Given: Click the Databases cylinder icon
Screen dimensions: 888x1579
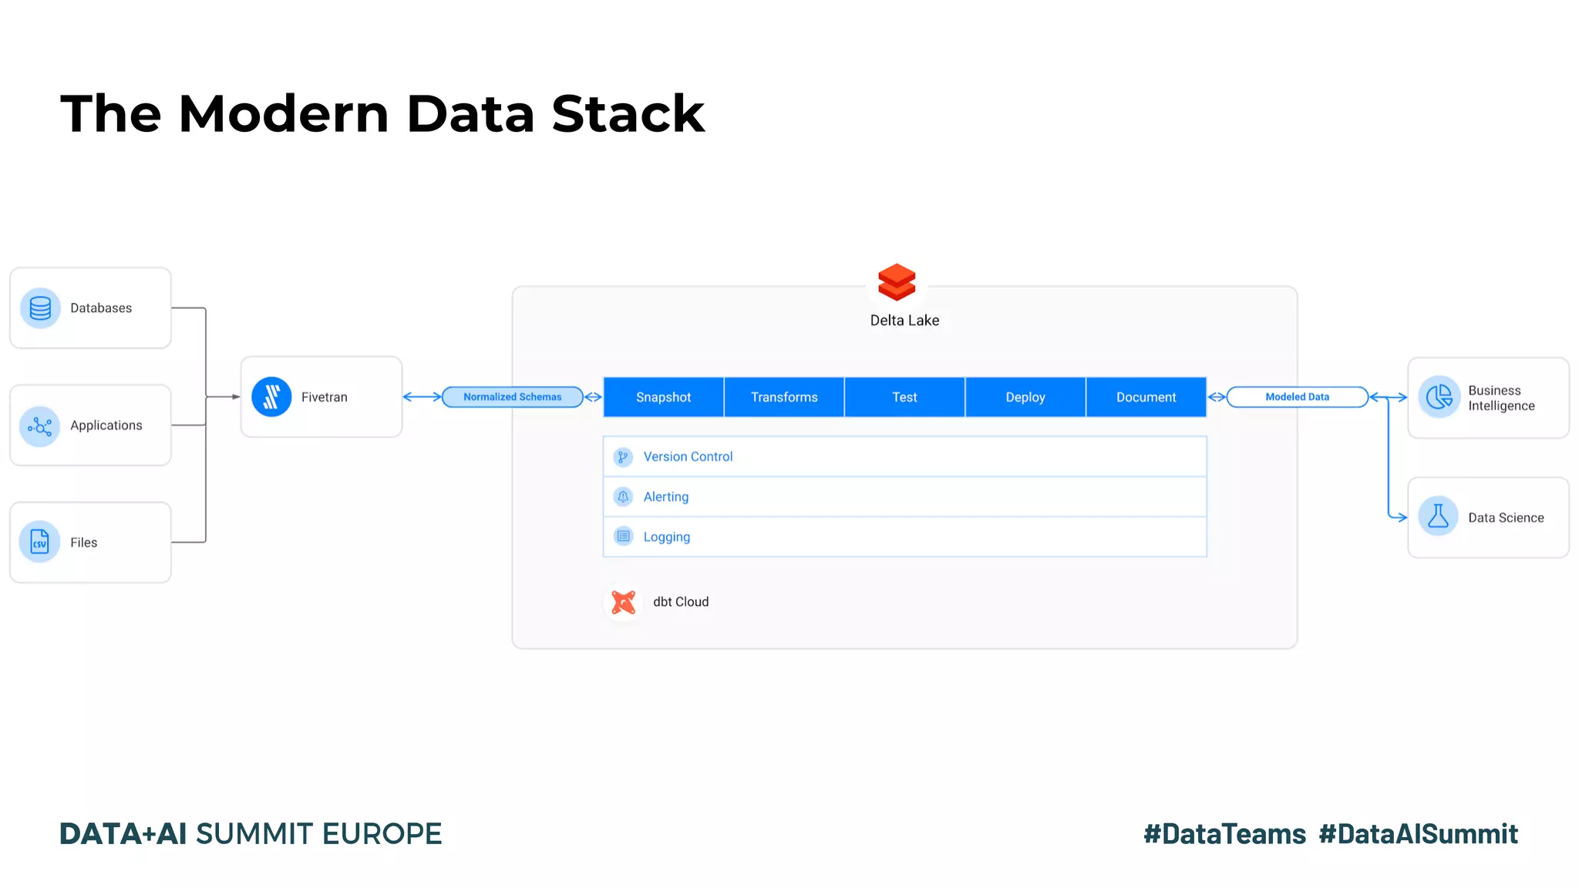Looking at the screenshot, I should coord(40,308).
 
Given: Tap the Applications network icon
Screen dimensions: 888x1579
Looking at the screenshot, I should coord(40,426).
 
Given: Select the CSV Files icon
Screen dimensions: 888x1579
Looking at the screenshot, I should coord(40,542).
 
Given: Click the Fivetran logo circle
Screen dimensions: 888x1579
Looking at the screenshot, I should coord(271,397).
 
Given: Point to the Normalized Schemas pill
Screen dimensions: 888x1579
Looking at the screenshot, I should coord(513,397).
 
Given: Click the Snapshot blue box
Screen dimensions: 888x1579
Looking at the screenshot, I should coord(663,397).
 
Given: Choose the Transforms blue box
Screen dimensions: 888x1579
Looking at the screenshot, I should coord(784,397).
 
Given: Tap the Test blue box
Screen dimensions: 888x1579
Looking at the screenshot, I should coord(904,397).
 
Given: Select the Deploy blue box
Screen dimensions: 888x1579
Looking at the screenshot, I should coord(1025,397).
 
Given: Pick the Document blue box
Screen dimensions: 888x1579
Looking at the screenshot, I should coord(1146,397).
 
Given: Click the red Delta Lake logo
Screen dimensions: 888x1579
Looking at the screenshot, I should coord(897,282).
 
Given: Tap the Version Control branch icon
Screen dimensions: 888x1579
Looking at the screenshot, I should coord(623,457).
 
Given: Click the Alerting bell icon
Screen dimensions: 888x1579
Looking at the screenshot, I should coord(623,497).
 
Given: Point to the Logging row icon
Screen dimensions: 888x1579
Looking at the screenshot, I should coord(623,536).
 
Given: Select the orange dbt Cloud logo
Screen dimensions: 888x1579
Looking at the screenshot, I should coord(623,602).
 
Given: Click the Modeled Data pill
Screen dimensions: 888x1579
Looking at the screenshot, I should coord(1297,397).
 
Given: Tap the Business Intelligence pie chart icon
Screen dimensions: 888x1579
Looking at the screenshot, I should coord(1439,397).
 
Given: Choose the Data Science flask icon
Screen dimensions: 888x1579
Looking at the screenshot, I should coord(1439,516).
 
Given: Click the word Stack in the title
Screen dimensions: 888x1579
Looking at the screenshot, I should coord(628,114).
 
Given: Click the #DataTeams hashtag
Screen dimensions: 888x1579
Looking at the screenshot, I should coord(1224,834).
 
